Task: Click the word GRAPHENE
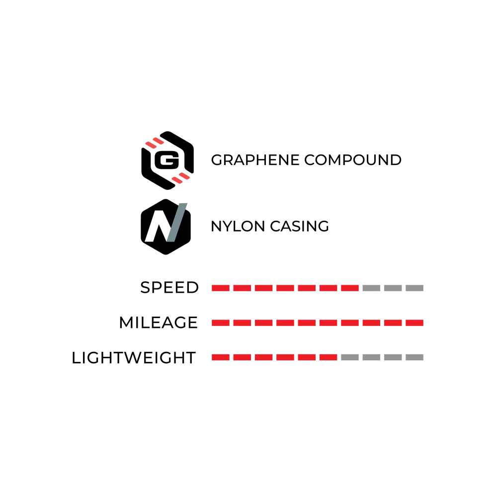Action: (255, 160)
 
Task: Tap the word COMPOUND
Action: (353, 160)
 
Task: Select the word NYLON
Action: (238, 226)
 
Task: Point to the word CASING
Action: (300, 226)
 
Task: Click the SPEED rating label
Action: (169, 287)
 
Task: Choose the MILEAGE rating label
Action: (159, 323)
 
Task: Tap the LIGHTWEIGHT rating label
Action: (134, 357)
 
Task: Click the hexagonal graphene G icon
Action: (167, 161)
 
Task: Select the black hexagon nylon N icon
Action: (166, 227)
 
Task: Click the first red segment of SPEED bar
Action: (221, 288)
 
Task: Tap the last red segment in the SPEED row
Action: (350, 288)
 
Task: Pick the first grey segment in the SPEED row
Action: (371, 288)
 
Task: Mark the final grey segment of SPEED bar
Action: (414, 288)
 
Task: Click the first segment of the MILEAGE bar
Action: (221, 323)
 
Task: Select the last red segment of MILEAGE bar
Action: (414, 323)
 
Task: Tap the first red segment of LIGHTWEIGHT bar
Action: (221, 357)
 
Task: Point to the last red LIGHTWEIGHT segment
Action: (329, 357)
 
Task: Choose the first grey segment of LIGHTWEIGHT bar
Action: (350, 357)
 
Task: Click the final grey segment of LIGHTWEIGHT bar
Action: (414, 357)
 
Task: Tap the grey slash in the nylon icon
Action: (177, 223)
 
